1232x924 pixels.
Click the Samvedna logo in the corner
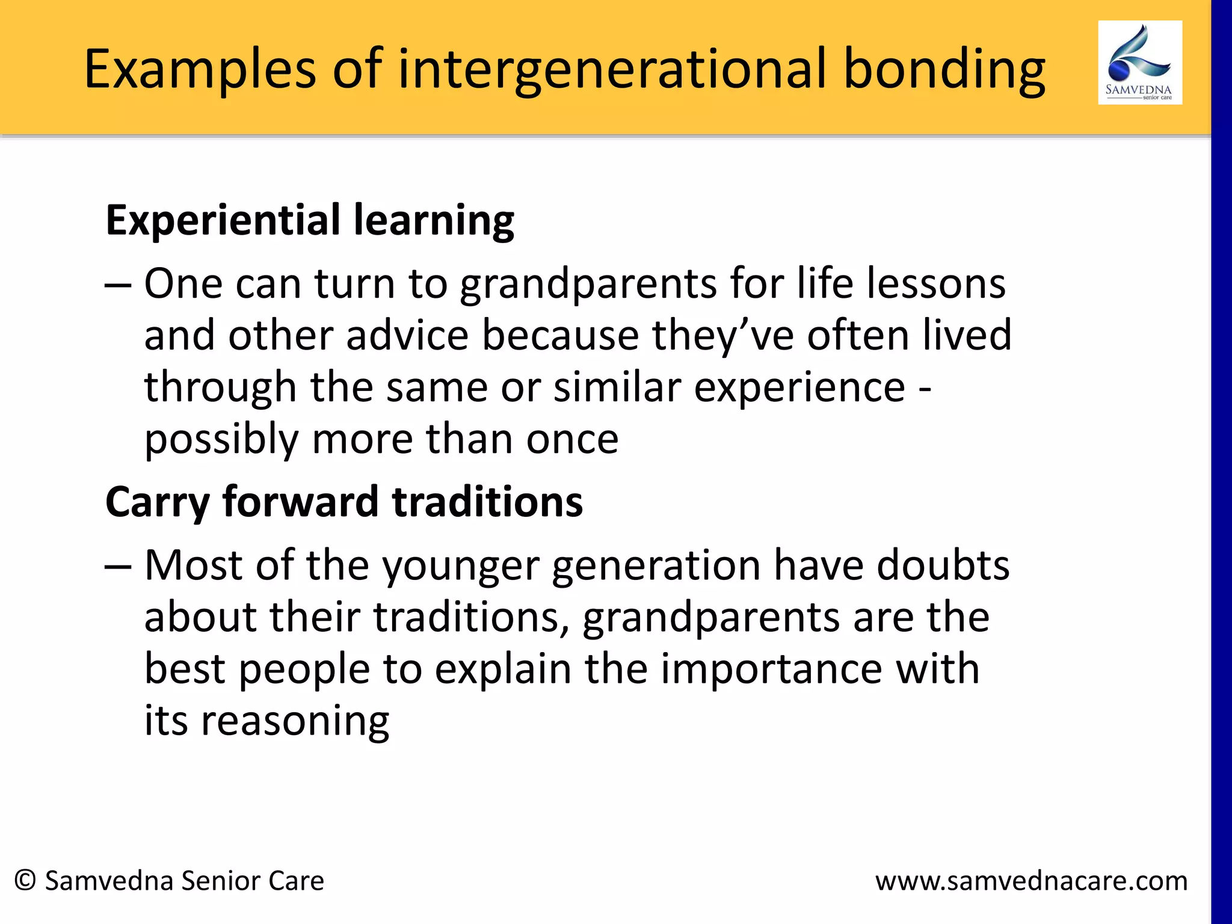pyautogui.click(x=1139, y=63)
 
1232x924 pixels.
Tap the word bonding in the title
pyautogui.click(x=944, y=70)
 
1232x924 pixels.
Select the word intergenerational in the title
pyautogui.click(x=612, y=70)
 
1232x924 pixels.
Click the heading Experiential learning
pyautogui.click(x=310, y=220)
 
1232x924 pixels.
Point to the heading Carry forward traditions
pyautogui.click(x=343, y=502)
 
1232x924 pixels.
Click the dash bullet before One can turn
pyautogui.click(x=118, y=284)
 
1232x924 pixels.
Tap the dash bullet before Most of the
pyautogui.click(x=118, y=566)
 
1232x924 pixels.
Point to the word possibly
pyautogui.click(x=221, y=440)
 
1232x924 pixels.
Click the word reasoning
pyautogui.click(x=295, y=722)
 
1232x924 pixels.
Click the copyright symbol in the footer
pyautogui.click(x=25, y=880)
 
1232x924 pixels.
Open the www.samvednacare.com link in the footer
pyautogui.click(x=1031, y=881)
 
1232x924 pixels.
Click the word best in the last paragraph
pyautogui.click(x=185, y=669)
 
